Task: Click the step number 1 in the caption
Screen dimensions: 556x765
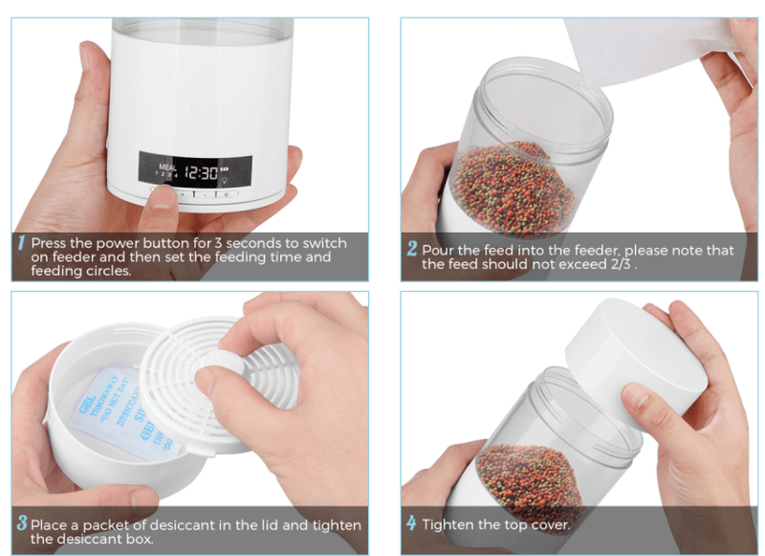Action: pos(21,244)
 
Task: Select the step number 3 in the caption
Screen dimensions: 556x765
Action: pos(21,524)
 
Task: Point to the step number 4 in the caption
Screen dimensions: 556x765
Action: pos(411,523)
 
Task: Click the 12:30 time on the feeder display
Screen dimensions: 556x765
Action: pos(202,173)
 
